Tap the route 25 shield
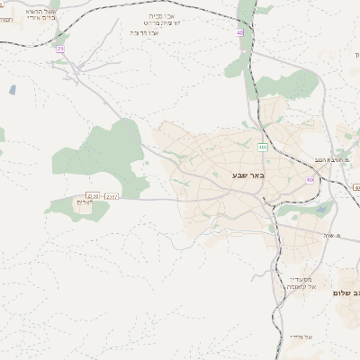tap(60, 49)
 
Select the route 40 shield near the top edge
tap(240, 32)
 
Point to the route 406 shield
tap(262, 147)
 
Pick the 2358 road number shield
tap(94, 195)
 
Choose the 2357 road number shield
tap(112, 195)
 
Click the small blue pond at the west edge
tap(12, 90)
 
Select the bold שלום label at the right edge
tap(346, 293)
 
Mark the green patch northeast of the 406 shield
tap(288, 85)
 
